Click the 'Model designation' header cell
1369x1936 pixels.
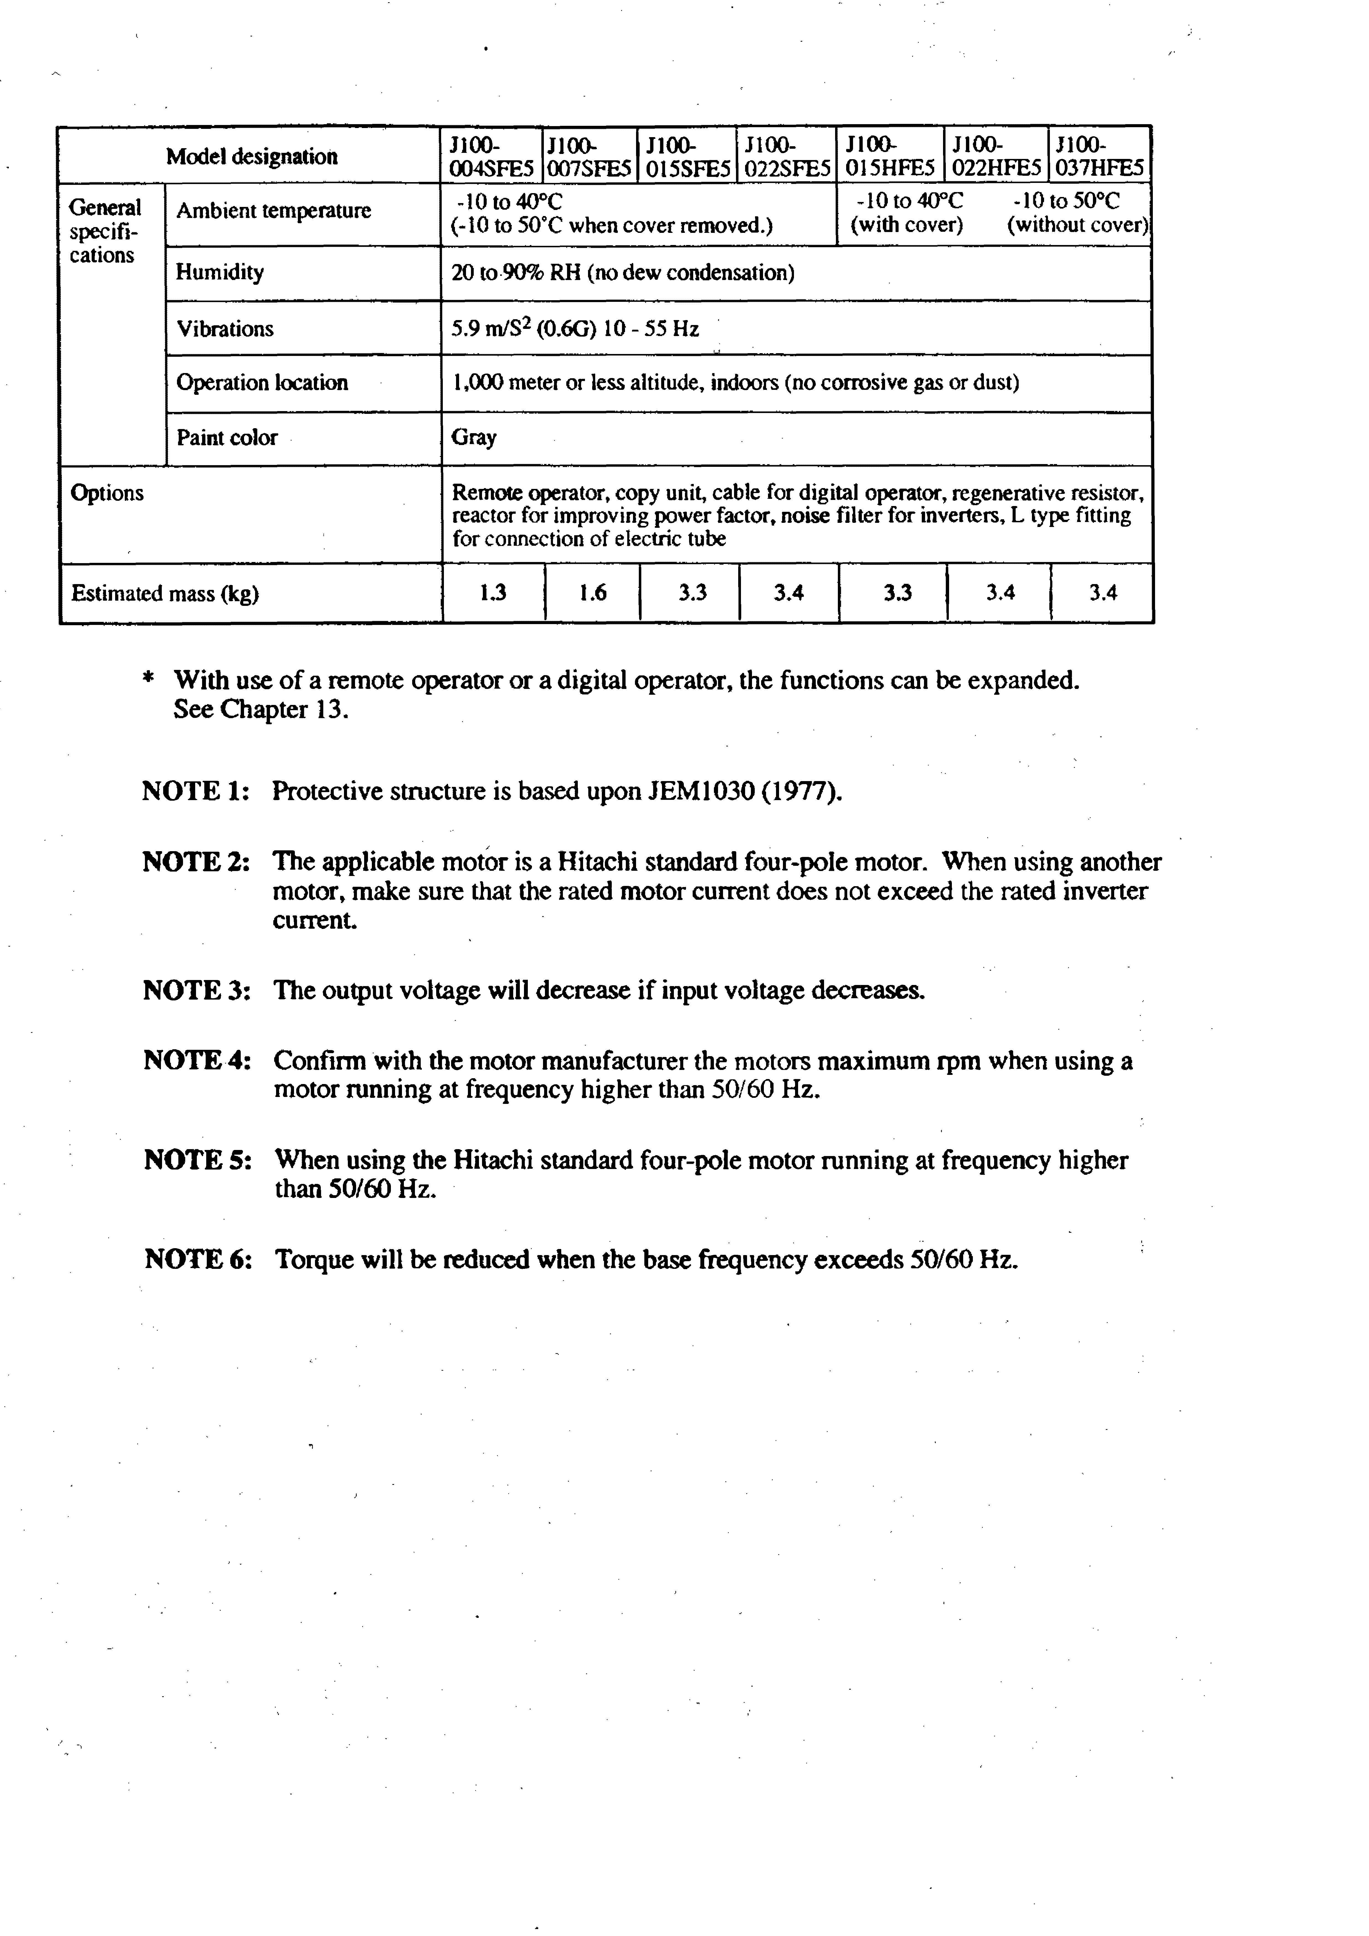(x=251, y=156)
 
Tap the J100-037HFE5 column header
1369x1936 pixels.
(x=1099, y=156)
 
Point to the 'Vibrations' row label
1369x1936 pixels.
(x=225, y=329)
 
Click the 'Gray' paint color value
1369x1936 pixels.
(x=474, y=437)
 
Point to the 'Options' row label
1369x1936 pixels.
(x=107, y=493)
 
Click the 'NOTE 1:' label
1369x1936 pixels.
(x=196, y=791)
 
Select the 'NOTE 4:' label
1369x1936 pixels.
(x=197, y=1060)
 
